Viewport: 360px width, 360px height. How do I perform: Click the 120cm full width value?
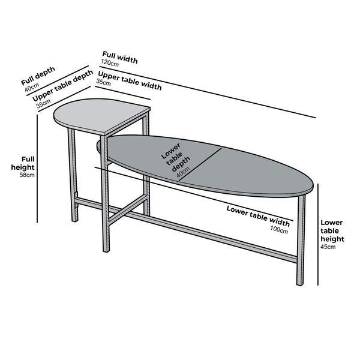point(110,63)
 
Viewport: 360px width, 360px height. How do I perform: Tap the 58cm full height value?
point(27,175)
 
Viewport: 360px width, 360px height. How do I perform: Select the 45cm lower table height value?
point(328,247)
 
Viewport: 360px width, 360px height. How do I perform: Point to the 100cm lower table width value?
point(279,229)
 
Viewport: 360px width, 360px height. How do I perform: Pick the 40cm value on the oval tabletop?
point(183,172)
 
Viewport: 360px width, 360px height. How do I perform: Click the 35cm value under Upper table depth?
point(43,104)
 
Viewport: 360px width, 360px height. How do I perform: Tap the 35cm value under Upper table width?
point(103,82)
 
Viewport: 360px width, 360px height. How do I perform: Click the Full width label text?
point(120,58)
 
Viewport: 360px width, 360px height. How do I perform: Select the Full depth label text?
point(38,76)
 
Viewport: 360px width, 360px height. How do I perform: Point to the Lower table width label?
point(258,216)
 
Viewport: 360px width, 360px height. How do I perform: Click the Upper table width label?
point(130,80)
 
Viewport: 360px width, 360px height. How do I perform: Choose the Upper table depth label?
point(62,85)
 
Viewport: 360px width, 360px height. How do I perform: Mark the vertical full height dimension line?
point(37,169)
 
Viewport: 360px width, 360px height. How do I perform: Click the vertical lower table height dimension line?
point(318,235)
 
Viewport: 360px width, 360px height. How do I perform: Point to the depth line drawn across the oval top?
point(200,164)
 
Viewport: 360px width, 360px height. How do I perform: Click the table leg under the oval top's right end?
point(301,240)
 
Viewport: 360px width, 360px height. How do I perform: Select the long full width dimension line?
point(208,92)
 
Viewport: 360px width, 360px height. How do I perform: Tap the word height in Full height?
point(23,167)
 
